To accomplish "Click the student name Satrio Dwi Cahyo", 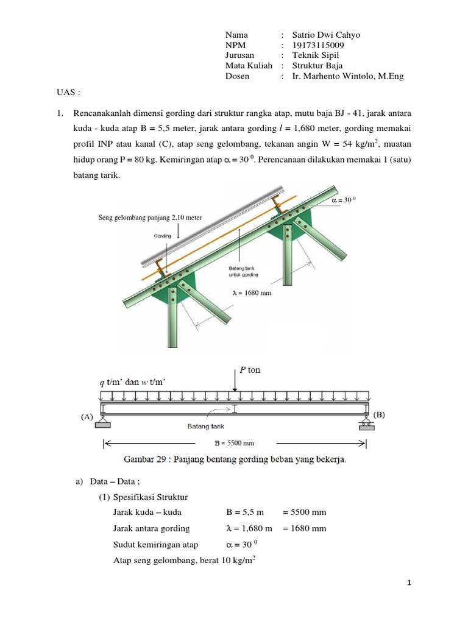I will pos(326,35).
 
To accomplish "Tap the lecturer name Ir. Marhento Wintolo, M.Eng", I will pos(347,76).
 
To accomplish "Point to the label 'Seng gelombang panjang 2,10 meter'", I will pos(150,218).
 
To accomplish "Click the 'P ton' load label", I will pos(250,370).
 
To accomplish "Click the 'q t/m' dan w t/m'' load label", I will pos(133,382).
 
